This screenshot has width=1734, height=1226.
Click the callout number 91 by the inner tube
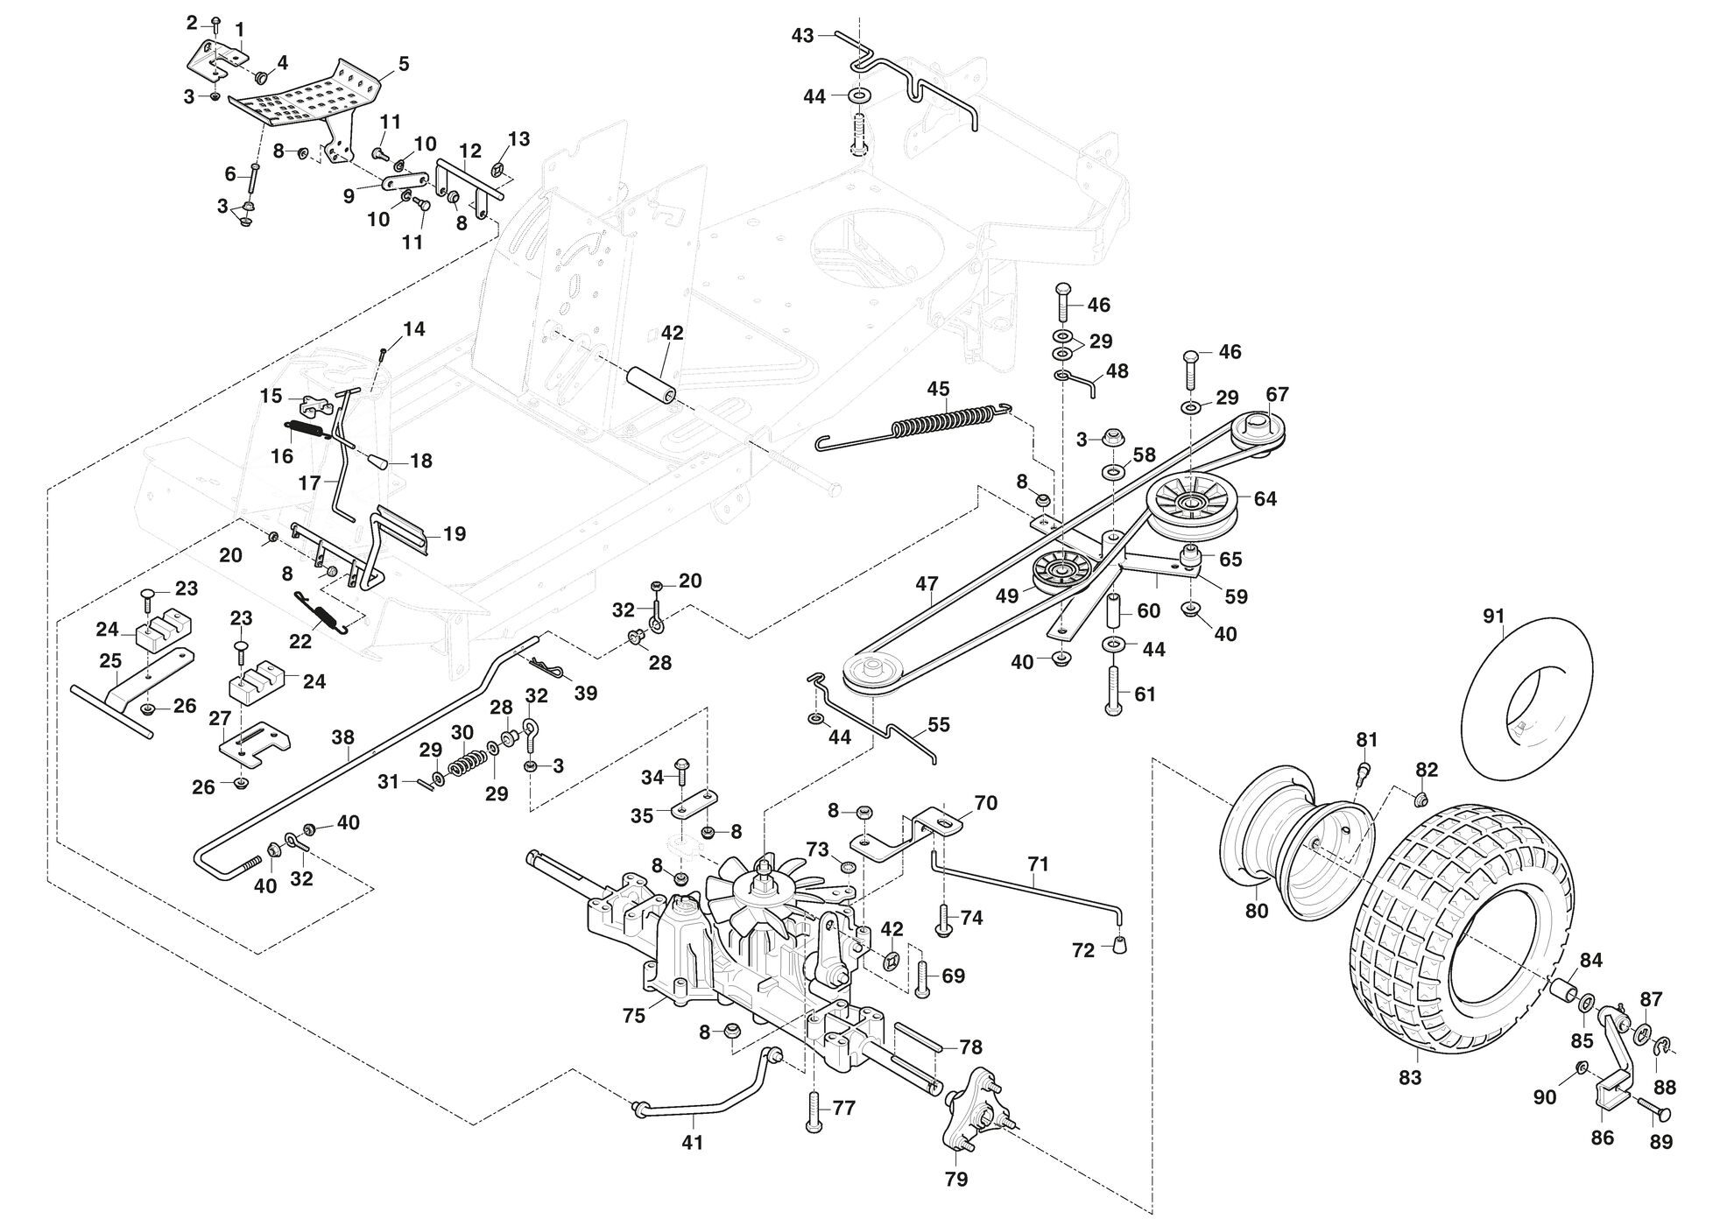coord(1493,617)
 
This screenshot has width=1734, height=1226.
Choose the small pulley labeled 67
coord(1259,430)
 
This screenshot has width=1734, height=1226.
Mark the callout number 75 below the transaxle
coord(633,1015)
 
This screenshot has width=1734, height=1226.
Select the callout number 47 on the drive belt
coord(927,583)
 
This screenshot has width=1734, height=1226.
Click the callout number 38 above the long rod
coord(343,738)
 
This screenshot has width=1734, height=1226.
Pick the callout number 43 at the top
coord(803,35)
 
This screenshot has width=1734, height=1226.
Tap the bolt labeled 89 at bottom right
coord(1654,1112)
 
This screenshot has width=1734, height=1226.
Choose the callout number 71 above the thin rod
coord(1038,864)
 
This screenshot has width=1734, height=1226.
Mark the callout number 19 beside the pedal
coord(455,533)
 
